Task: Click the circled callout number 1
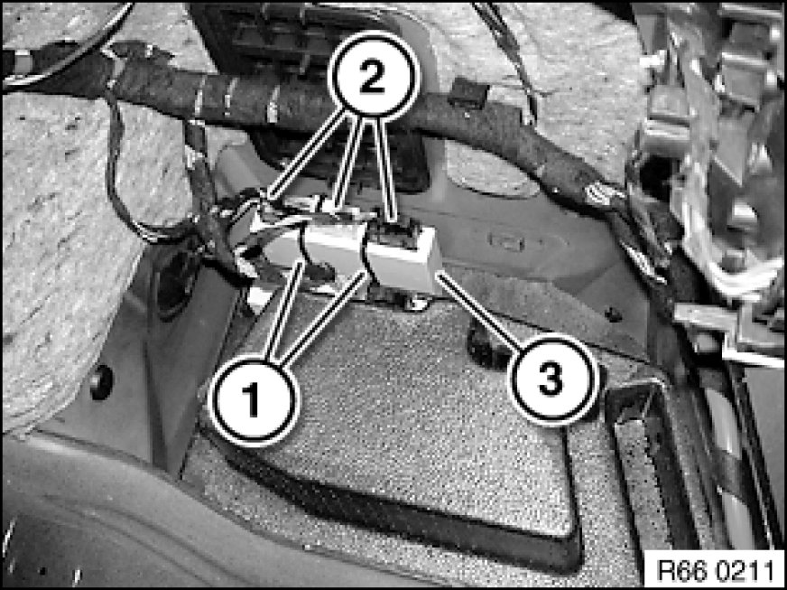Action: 254,400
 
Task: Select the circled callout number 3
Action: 554,379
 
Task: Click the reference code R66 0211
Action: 715,570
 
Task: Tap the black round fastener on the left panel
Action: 101,382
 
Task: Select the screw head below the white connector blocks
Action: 417,303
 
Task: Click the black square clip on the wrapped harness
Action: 468,94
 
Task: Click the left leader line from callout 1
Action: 283,311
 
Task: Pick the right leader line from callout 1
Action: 323,315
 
